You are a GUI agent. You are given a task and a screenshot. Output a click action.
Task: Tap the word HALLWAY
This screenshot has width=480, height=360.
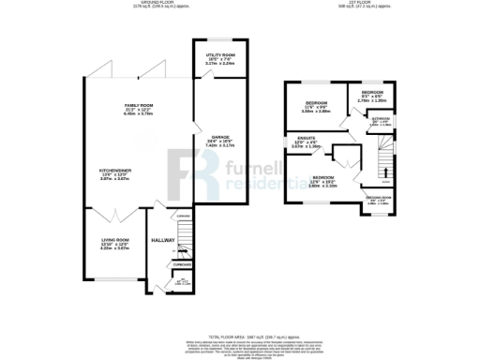click(x=164, y=241)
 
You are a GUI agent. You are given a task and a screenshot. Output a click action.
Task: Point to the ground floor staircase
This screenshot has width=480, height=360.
click(x=185, y=246)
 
